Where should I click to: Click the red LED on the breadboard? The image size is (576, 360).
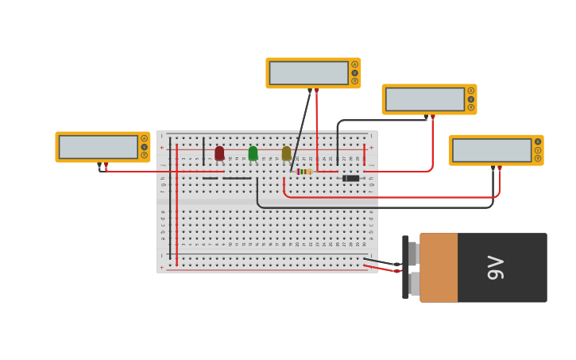(x=219, y=153)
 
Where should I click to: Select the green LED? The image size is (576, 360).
(x=253, y=153)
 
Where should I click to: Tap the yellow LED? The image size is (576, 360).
(x=286, y=153)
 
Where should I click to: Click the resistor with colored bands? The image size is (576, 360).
(x=303, y=172)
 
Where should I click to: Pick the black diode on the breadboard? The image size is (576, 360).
(x=350, y=178)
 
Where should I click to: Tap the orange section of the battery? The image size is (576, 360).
(x=439, y=268)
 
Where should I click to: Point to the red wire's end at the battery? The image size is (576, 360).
(x=396, y=271)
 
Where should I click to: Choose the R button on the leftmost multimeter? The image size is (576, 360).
(x=144, y=155)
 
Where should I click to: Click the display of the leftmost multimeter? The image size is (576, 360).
(x=98, y=147)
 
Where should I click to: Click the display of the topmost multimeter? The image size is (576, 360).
(x=308, y=73)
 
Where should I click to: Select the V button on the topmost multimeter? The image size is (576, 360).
(x=354, y=73)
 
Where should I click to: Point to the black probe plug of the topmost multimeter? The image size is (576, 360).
(x=310, y=91)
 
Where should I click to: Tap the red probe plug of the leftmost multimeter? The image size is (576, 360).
(x=106, y=165)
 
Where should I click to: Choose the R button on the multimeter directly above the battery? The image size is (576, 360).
(x=537, y=158)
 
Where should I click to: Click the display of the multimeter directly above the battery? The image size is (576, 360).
(x=491, y=150)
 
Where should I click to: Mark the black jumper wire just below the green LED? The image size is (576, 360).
(x=237, y=178)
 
